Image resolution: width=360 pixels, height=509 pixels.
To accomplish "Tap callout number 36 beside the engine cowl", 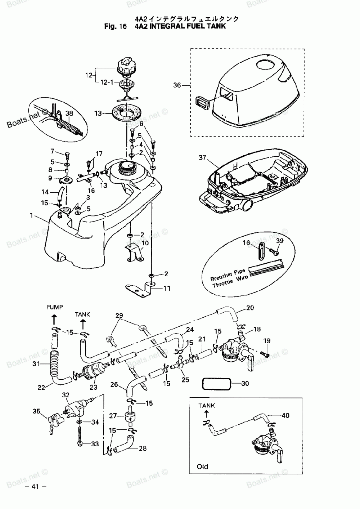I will (177, 85).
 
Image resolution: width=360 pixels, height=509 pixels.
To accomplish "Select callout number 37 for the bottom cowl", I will (203, 157).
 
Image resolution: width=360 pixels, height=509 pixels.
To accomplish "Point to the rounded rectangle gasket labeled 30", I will (216, 384).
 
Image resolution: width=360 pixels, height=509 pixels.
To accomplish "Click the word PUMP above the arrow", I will (54, 307).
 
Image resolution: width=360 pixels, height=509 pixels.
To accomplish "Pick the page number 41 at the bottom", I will (35, 487).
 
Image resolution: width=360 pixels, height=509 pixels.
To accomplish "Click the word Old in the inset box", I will (202, 466).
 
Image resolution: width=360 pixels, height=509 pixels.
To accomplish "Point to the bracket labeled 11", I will (140, 287).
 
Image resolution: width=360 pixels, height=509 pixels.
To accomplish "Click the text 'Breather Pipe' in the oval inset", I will (228, 273).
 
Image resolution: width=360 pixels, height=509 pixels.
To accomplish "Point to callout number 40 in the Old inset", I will (285, 416).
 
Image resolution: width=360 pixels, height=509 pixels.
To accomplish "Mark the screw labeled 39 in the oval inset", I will (276, 253).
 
